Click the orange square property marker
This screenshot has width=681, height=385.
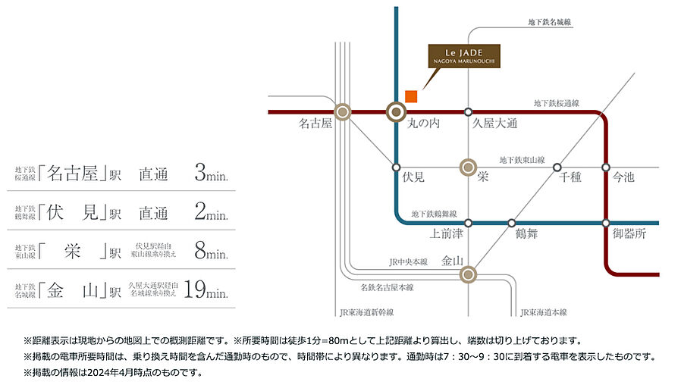coord(411,95)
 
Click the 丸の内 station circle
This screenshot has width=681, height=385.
coord(396,112)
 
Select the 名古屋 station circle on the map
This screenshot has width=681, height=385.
coord(343,112)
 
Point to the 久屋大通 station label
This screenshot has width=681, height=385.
coord(494,124)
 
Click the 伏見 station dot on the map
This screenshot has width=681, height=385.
coord(396,167)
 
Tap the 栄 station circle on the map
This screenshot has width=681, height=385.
coord(469,167)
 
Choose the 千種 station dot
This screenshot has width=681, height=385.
coord(557,167)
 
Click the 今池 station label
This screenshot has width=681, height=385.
coord(623,177)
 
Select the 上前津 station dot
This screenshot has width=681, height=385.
coord(469,223)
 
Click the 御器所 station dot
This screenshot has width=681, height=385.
coord(606,223)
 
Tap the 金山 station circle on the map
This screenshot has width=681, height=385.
coord(469,274)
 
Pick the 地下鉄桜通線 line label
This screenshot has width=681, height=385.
coord(557,102)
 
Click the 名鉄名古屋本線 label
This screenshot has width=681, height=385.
coord(387,288)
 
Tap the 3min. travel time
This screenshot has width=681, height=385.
coord(212,174)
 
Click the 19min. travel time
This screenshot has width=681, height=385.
coord(206,289)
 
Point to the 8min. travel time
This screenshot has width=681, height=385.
coord(212,251)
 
